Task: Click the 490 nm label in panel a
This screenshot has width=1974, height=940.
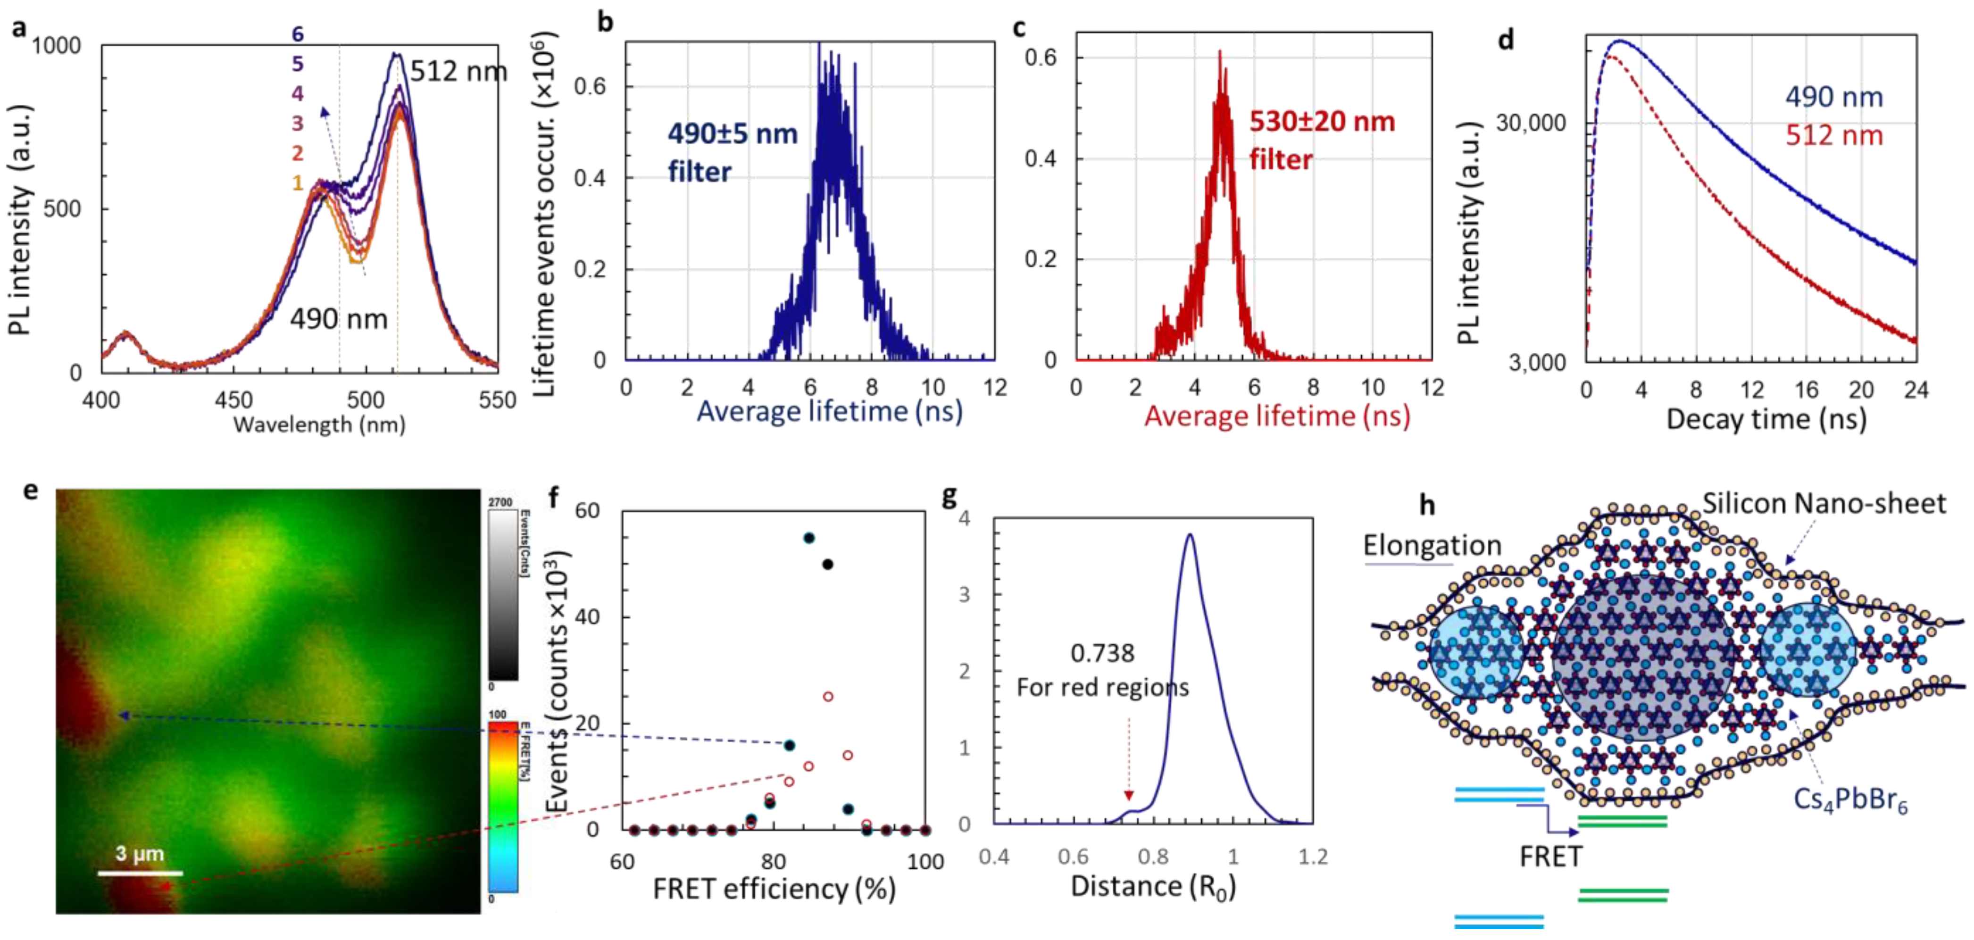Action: [x=339, y=318]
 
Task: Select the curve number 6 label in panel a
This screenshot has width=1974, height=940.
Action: [x=297, y=33]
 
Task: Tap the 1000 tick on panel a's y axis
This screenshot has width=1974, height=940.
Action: [x=56, y=46]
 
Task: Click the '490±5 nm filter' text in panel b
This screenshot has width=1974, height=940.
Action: [x=732, y=152]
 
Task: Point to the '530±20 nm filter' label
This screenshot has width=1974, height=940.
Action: [x=1322, y=140]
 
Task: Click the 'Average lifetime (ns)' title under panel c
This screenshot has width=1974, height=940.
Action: [x=1277, y=416]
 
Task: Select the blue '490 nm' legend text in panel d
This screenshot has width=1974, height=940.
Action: [x=1834, y=97]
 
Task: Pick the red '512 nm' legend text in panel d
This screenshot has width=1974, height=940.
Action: [x=1834, y=135]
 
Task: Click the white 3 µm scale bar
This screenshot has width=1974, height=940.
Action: [x=140, y=872]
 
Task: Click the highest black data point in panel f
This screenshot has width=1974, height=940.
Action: [x=808, y=538]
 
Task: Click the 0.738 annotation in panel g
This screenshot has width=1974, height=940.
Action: [x=1102, y=654]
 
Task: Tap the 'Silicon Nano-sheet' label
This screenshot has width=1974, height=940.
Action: [x=1824, y=503]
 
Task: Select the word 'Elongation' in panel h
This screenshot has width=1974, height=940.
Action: [x=1432, y=545]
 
